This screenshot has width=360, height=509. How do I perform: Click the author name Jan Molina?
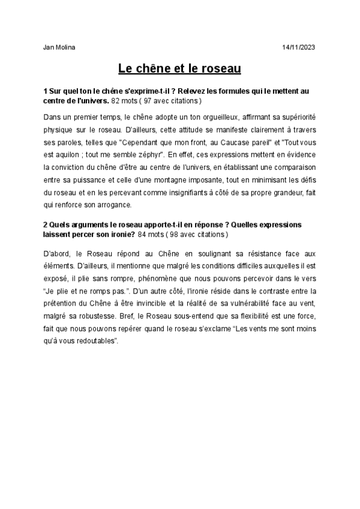pos(60,47)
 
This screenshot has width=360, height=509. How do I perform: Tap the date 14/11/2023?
pos(298,47)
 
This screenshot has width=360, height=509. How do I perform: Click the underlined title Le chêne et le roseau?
pos(179,69)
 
